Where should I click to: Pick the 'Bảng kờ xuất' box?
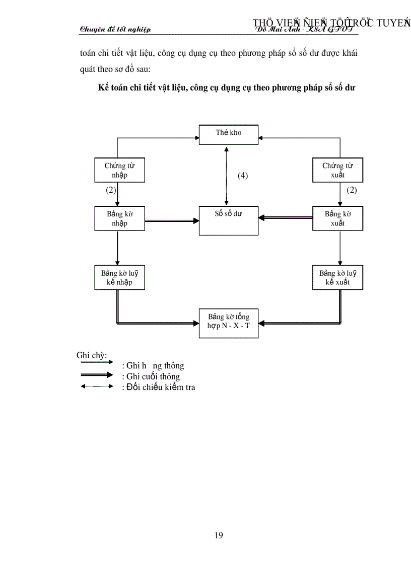(337, 218)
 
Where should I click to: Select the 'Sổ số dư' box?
(229, 220)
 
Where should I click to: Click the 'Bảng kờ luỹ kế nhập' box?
(120, 278)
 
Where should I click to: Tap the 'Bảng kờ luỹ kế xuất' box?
(337, 278)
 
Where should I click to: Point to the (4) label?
(243, 176)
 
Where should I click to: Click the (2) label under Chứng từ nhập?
(111, 190)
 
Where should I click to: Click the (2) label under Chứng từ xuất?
(352, 190)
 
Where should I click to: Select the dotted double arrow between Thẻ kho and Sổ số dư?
(227, 176)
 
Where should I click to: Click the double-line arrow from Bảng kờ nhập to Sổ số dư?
(171, 220)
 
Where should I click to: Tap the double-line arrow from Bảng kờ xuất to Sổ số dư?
(286, 217)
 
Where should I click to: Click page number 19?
(219, 535)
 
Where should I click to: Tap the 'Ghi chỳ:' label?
(91, 355)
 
